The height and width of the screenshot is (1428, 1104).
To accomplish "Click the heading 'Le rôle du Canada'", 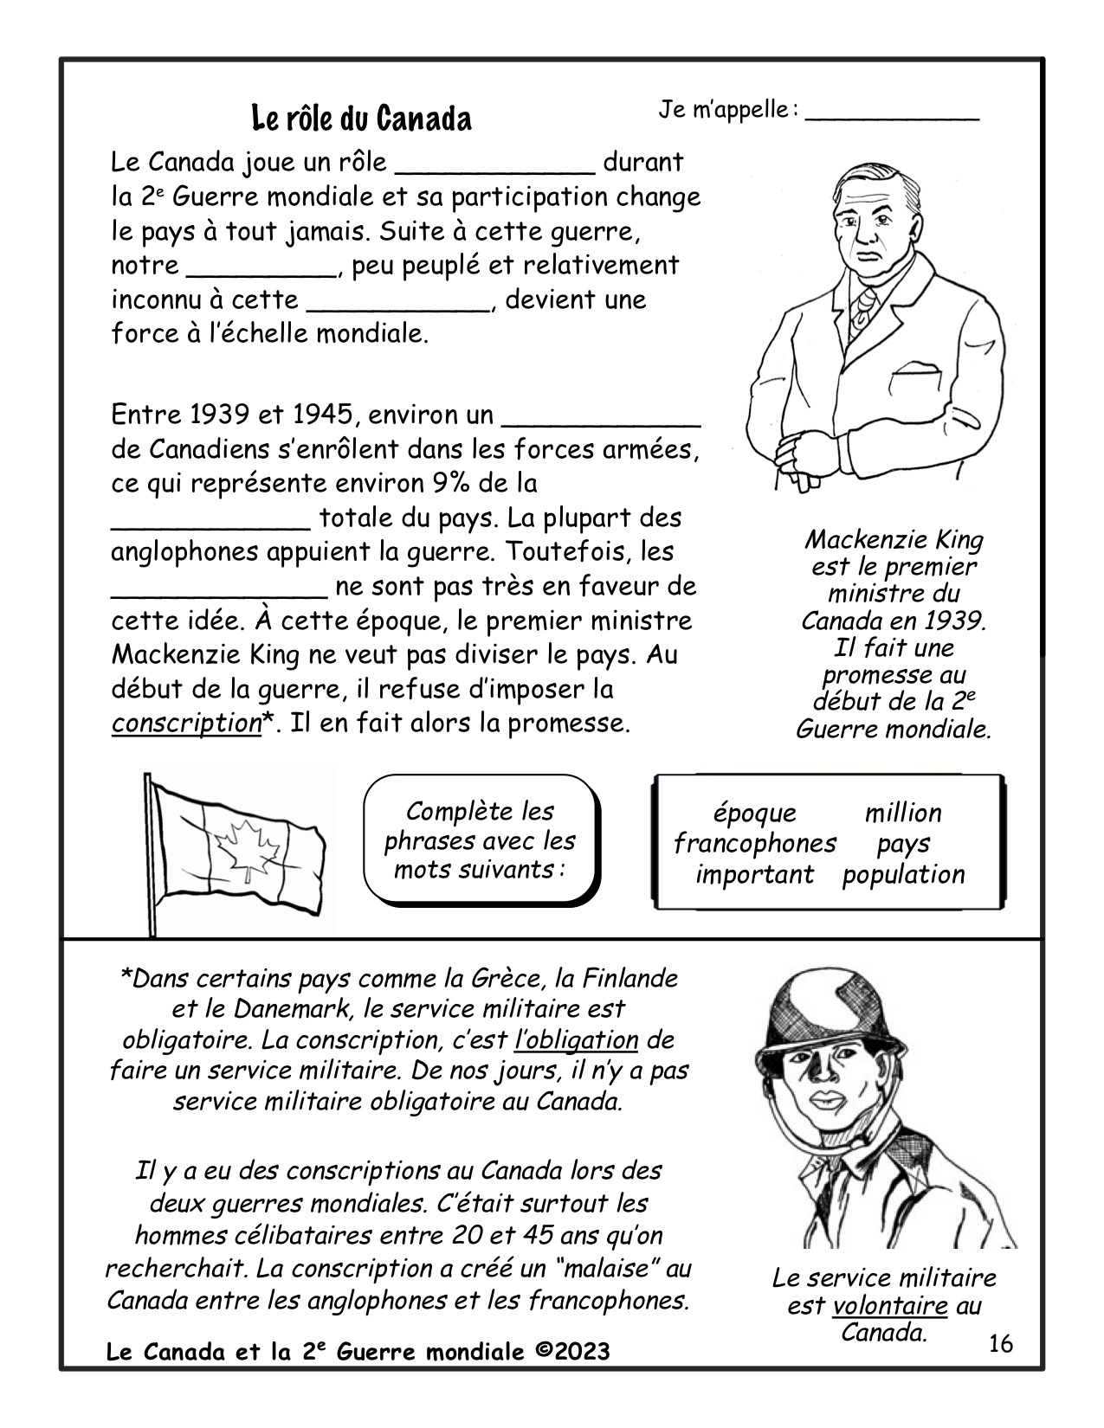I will [x=361, y=119].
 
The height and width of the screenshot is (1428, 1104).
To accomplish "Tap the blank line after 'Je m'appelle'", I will [x=892, y=115].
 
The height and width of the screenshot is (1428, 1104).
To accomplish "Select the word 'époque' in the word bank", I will [x=754, y=814].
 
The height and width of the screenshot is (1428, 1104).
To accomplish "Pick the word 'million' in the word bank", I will [x=903, y=814].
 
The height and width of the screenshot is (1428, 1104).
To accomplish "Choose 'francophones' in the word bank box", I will [x=755, y=843].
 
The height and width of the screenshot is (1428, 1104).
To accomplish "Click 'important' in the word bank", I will [x=755, y=874].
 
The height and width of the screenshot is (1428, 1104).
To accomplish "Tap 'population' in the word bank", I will [x=903, y=874].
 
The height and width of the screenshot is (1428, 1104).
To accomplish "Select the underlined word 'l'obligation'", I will [x=576, y=1039].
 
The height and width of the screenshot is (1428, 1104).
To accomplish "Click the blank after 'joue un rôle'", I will [x=494, y=164].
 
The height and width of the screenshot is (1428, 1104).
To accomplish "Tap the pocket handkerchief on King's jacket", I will [x=915, y=371].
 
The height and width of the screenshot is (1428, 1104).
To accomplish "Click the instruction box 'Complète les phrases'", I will [x=480, y=840].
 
